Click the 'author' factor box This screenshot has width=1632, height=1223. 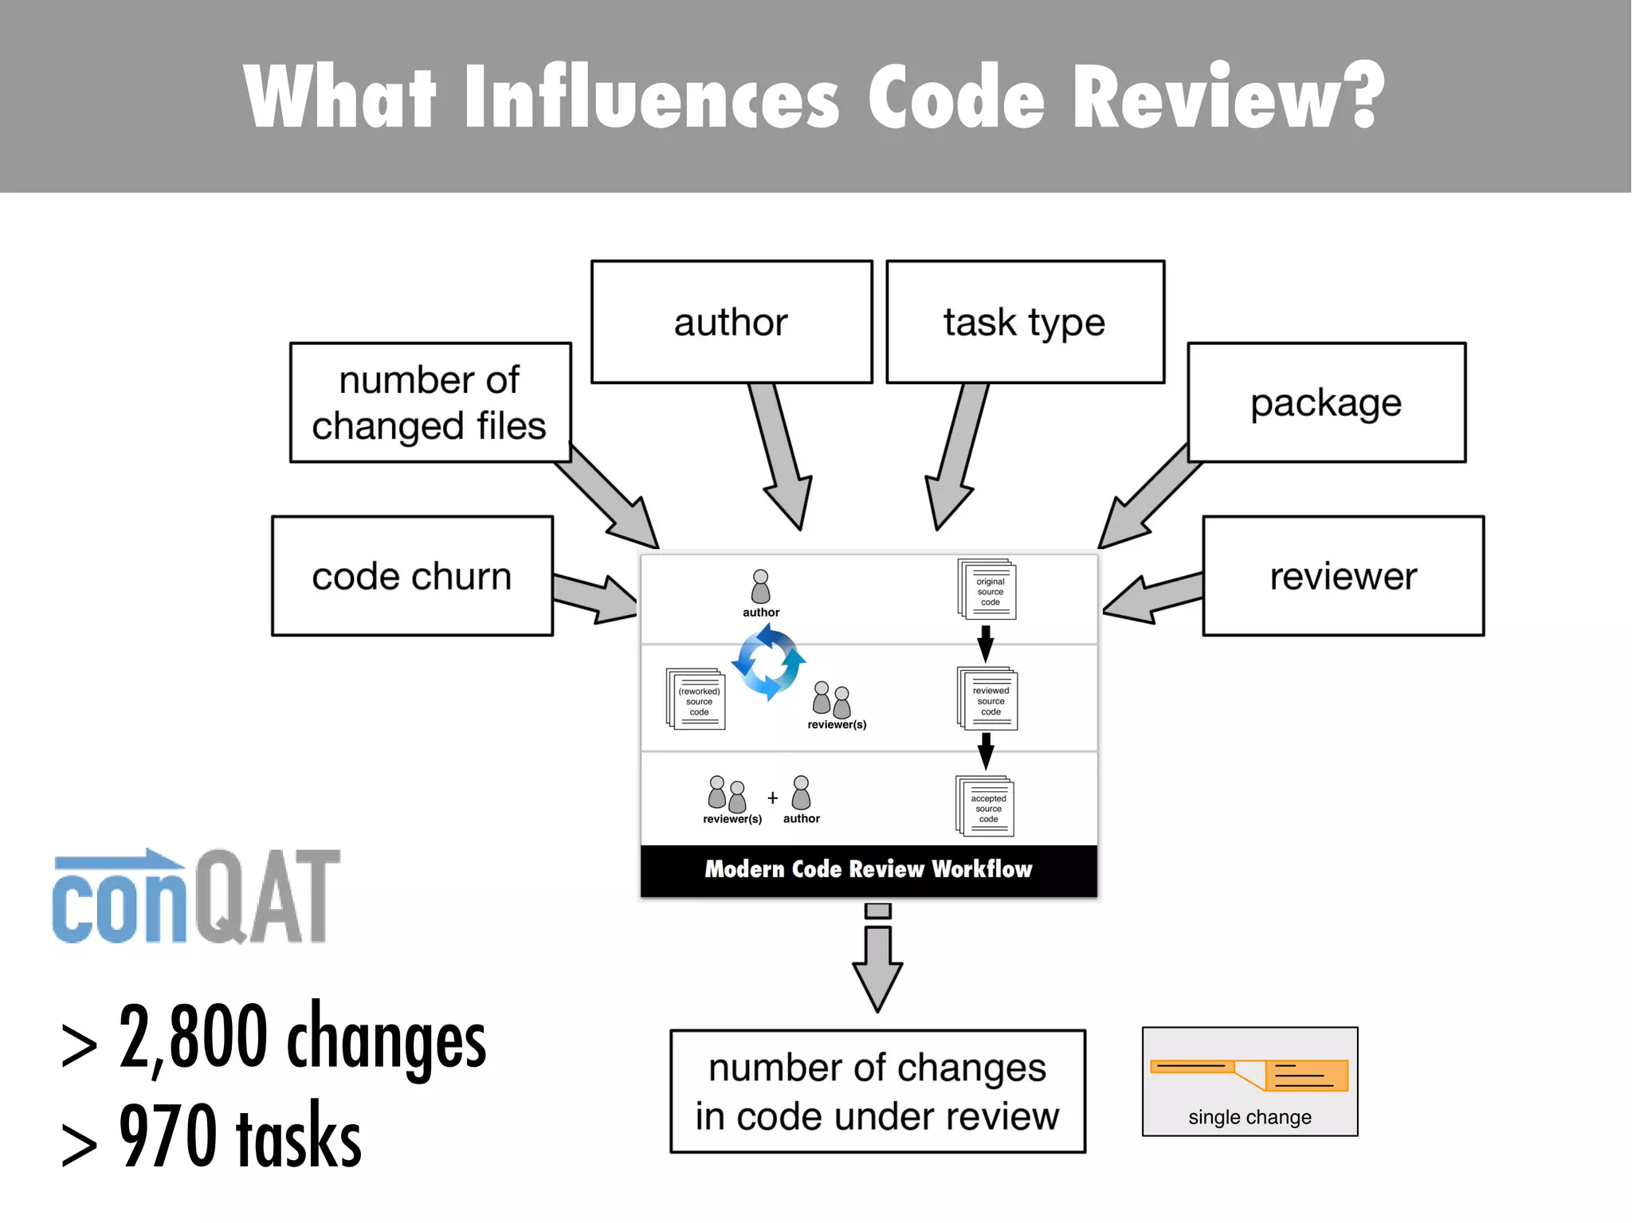click(x=732, y=322)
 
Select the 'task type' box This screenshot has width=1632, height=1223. click(x=1025, y=322)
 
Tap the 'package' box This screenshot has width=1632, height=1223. click(x=1326, y=402)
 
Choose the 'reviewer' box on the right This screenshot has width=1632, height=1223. click(x=1343, y=575)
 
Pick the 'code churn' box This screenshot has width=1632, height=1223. click(x=412, y=575)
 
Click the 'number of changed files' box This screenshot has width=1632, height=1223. click(x=430, y=402)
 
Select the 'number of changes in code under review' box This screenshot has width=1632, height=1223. click(x=877, y=1091)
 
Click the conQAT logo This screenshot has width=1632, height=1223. click(x=196, y=897)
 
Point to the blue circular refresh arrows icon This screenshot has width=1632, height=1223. click(x=768, y=662)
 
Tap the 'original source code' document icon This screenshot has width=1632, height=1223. click(x=987, y=590)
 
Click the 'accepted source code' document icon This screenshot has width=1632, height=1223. click(x=986, y=806)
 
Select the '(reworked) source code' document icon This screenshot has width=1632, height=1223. click(x=696, y=699)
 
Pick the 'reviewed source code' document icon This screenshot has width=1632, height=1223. click(x=987, y=699)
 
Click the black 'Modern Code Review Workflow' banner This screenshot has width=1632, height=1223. click(x=869, y=869)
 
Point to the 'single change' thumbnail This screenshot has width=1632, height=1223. click(x=1249, y=1081)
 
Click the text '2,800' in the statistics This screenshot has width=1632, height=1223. click(x=193, y=1037)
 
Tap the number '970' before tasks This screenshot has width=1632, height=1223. click(x=167, y=1136)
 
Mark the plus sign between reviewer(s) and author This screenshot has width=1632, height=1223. click(x=772, y=798)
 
